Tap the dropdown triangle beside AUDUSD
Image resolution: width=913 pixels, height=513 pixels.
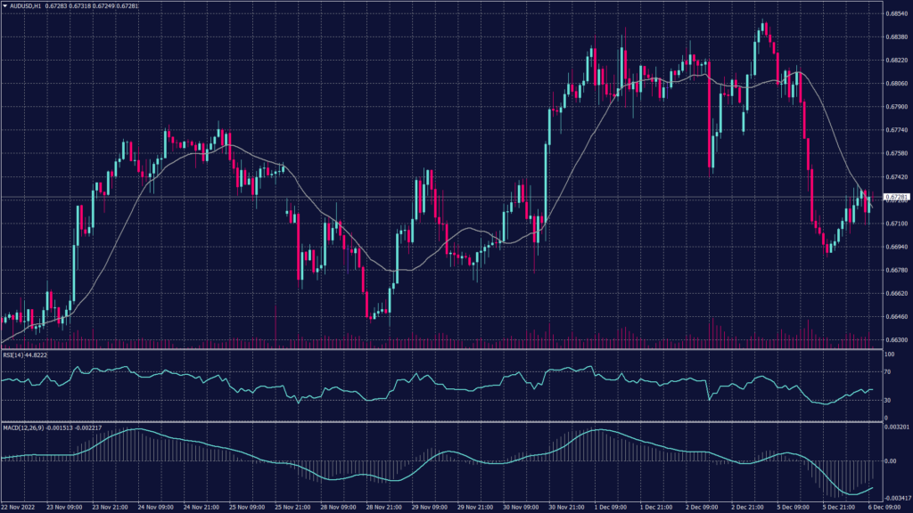click(x=4, y=6)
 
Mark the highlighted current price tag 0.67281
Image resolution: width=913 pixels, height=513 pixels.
click(x=895, y=196)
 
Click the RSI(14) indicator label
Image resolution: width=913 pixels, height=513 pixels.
click(x=15, y=354)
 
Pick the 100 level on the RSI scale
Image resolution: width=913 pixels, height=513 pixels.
click(x=888, y=354)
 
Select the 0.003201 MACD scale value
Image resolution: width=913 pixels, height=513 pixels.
click(x=894, y=428)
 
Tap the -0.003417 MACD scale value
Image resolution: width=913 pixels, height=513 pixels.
click(x=894, y=497)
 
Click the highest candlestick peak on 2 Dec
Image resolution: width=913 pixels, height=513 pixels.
click(x=763, y=20)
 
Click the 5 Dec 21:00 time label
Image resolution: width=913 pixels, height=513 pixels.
click(x=839, y=506)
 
